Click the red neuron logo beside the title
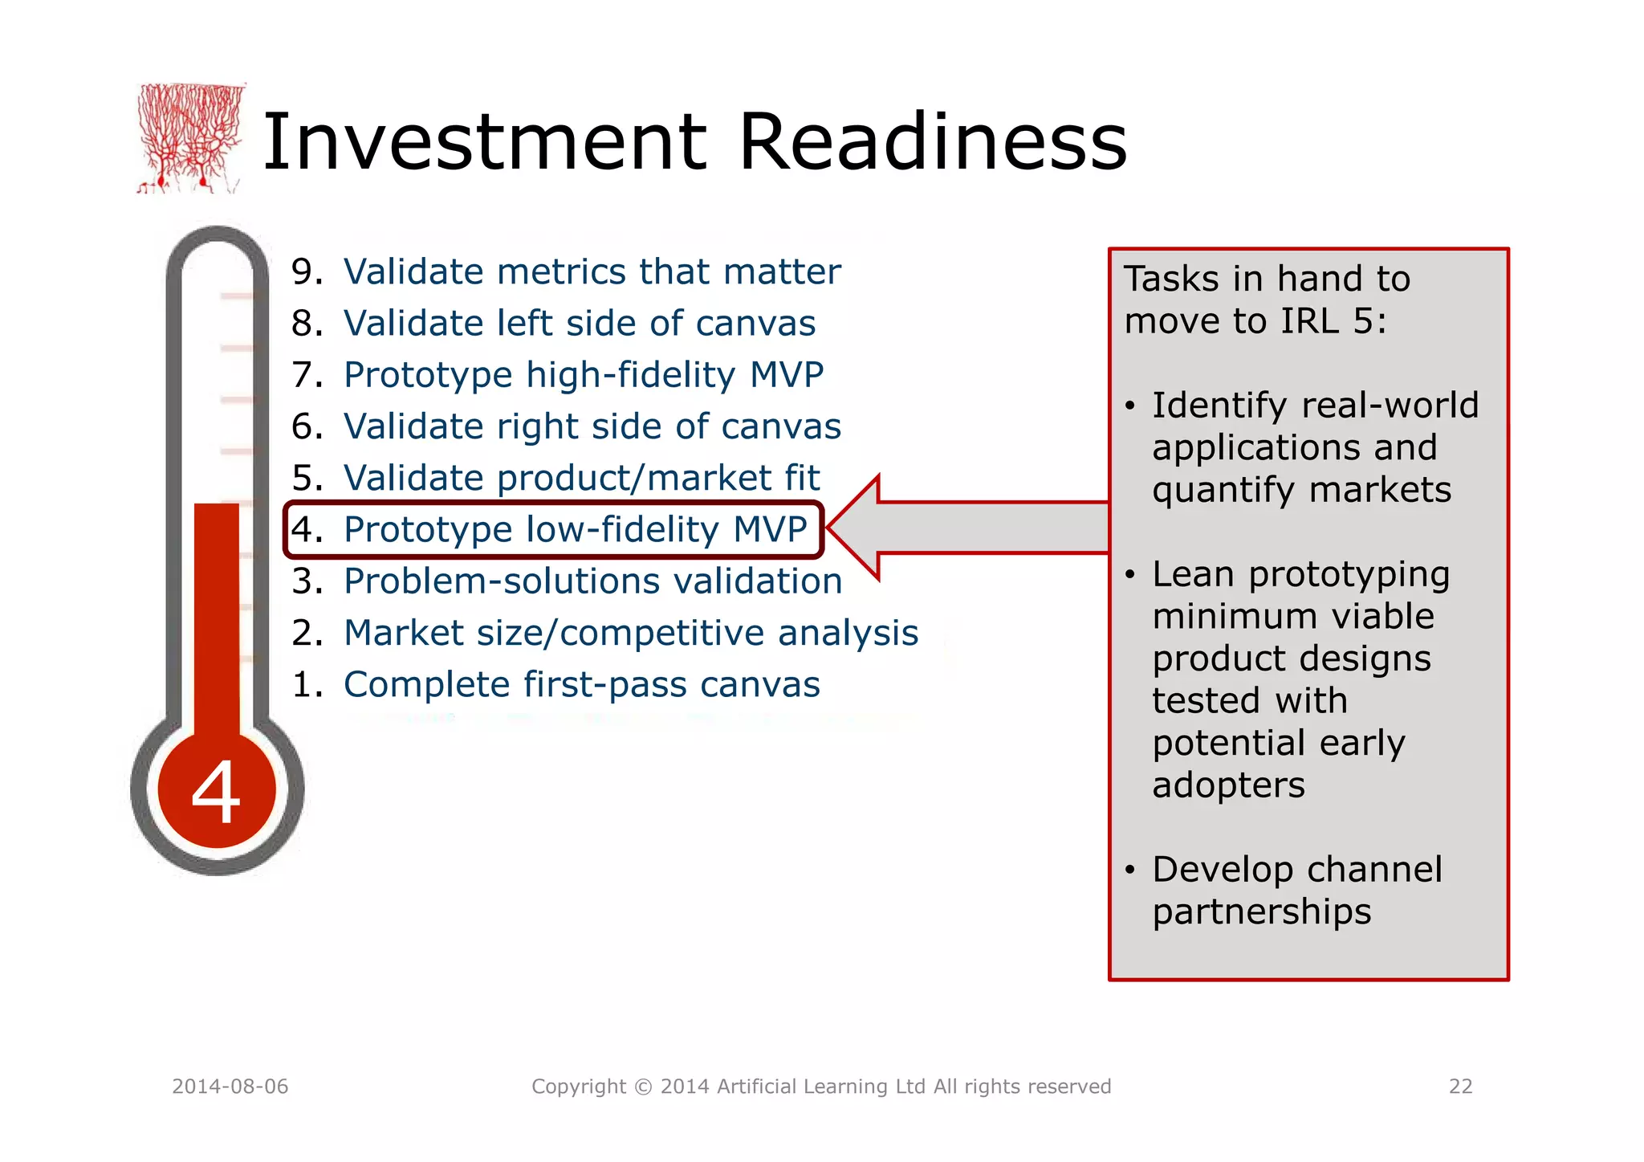(x=190, y=138)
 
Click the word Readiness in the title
(x=932, y=142)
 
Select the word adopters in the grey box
(x=1228, y=785)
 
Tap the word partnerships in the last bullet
(x=1262, y=911)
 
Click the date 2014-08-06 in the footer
(x=230, y=1087)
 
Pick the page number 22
(x=1460, y=1087)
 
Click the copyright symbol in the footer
(x=643, y=1087)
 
